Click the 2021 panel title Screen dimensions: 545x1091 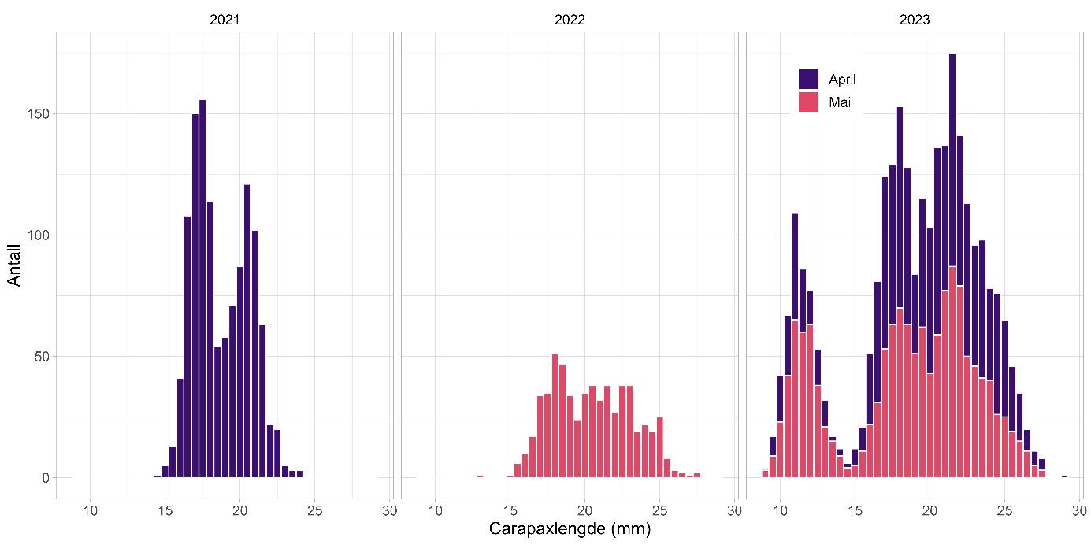[225, 20]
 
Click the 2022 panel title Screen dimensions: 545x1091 [570, 20]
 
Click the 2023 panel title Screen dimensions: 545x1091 [915, 20]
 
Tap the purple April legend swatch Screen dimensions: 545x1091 [808, 79]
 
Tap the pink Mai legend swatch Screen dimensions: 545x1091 [808, 102]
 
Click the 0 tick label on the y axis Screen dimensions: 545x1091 [45, 478]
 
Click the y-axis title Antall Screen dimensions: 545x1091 [14, 265]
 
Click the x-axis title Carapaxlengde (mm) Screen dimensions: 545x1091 [570, 528]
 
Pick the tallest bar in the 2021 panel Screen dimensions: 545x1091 [202, 288]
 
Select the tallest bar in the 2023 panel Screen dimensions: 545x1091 [952, 158]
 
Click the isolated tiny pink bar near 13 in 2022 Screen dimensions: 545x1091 [480, 476]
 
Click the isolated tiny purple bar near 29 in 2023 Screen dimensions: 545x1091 [1064, 476]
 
